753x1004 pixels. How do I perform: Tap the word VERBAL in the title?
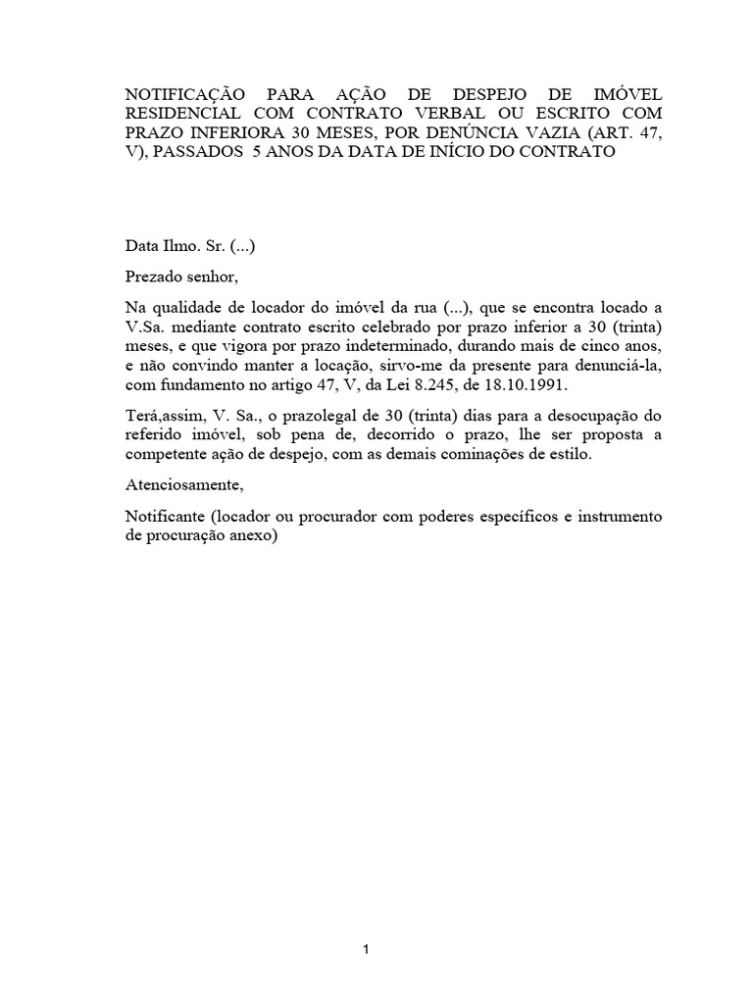point(463,114)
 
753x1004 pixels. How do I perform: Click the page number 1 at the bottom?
point(365,950)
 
